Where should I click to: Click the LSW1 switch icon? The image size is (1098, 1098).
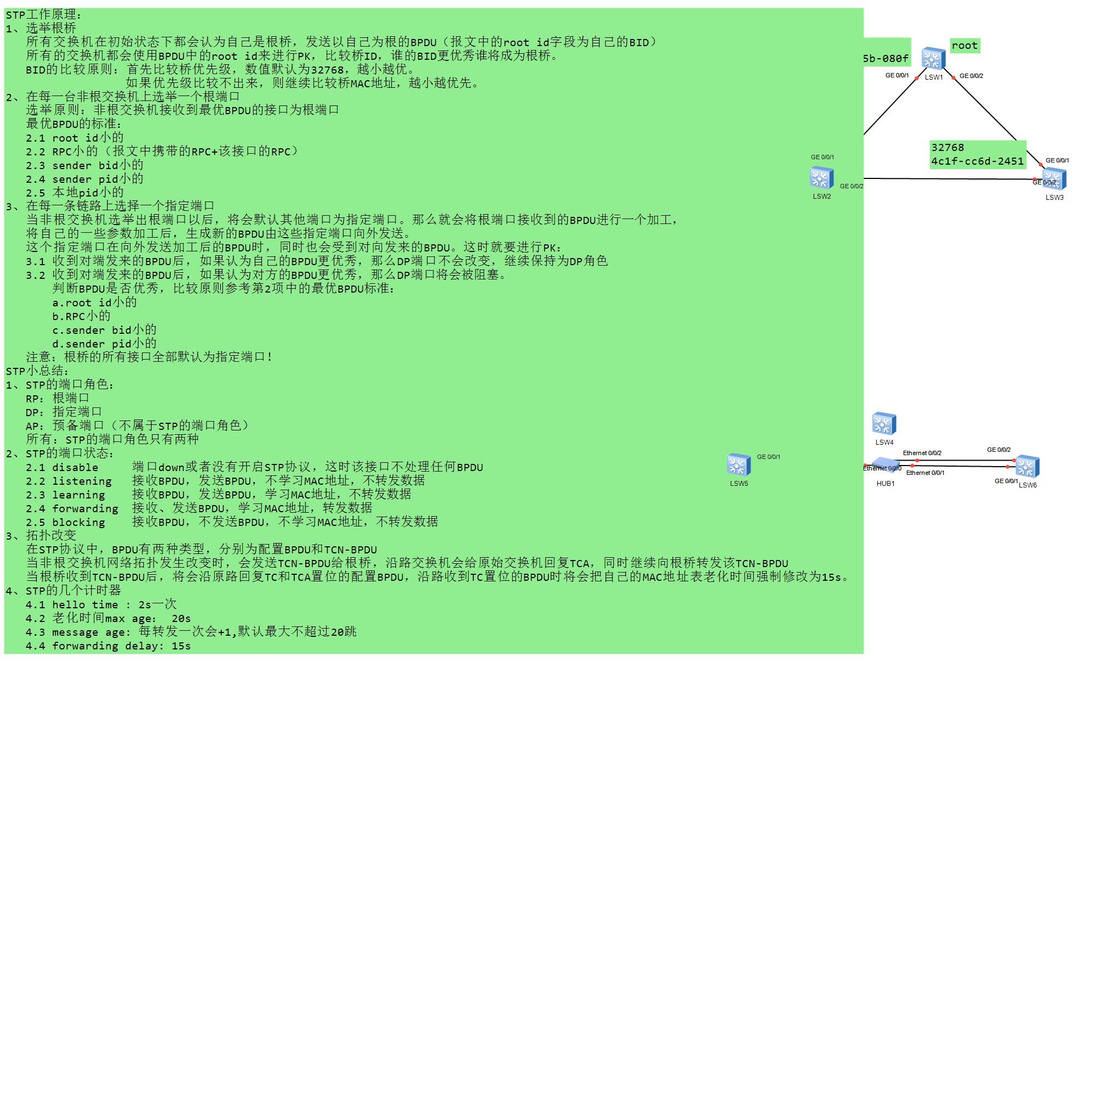(933, 59)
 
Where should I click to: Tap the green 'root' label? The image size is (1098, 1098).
(965, 46)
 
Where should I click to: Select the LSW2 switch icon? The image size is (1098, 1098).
(821, 178)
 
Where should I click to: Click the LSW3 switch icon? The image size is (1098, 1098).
(1054, 179)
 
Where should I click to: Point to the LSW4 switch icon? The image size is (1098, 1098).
(884, 424)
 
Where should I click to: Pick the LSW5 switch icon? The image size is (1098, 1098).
(739, 465)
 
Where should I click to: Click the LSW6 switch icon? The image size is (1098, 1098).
(1028, 467)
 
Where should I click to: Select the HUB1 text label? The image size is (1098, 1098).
(886, 484)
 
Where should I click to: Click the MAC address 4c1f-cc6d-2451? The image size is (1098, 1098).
(978, 161)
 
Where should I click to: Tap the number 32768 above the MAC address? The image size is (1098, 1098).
(948, 148)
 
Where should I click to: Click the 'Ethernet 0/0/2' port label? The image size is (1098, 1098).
(922, 453)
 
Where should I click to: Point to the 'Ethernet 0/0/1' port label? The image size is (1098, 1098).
(925, 473)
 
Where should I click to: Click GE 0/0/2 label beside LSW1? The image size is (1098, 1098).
(971, 76)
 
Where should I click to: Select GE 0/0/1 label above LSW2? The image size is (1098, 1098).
(822, 157)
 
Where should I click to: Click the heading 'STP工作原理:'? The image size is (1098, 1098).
(44, 15)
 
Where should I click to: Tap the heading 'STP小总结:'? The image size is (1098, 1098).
(37, 371)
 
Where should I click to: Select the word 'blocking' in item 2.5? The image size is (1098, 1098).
(79, 522)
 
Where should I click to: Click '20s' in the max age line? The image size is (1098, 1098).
(181, 618)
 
